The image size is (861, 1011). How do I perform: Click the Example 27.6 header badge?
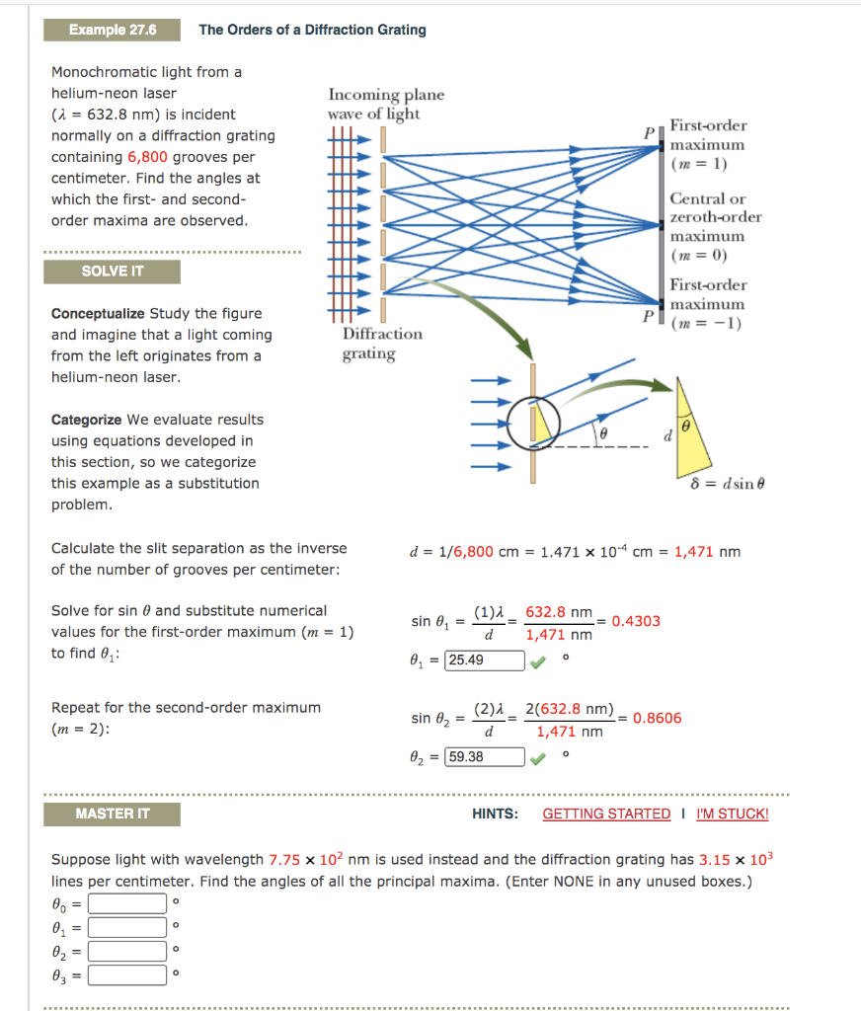point(112,30)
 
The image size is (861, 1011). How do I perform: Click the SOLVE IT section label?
point(112,272)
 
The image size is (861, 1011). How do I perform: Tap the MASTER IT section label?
point(112,814)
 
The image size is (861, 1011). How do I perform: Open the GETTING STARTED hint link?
point(606,814)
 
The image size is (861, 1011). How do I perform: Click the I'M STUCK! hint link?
point(732,814)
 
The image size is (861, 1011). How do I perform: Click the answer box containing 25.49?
point(484,661)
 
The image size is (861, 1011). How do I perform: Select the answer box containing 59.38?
point(484,757)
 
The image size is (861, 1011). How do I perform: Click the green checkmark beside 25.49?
point(536,661)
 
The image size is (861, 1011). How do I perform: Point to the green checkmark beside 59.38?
point(536,758)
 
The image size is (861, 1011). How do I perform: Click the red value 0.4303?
point(636,621)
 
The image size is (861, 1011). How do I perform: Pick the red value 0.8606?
point(657,718)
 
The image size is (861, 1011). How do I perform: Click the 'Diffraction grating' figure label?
point(381,344)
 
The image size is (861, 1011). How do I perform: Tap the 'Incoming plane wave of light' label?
point(385,104)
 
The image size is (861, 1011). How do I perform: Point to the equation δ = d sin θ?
point(729,484)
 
